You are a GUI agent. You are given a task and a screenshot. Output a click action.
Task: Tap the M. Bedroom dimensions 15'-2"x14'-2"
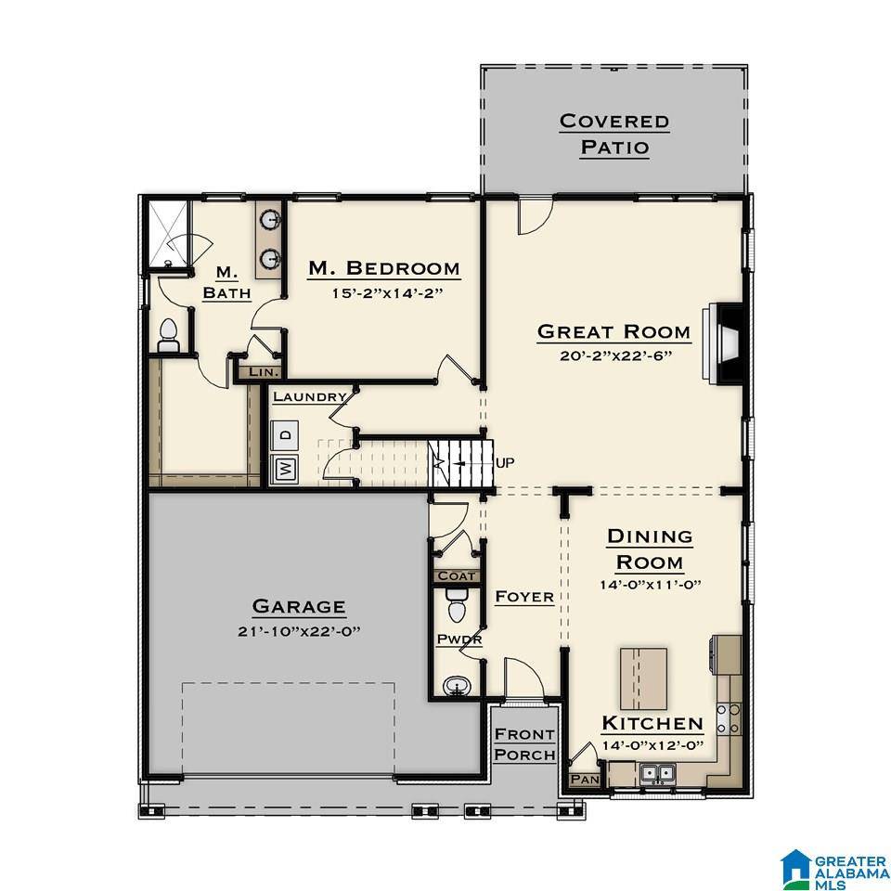[383, 294]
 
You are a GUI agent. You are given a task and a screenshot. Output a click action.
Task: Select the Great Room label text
[613, 331]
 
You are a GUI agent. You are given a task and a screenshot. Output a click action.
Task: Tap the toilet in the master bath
[168, 335]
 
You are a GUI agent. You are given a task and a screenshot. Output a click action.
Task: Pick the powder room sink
[457, 687]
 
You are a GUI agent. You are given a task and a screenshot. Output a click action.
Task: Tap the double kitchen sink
[662, 771]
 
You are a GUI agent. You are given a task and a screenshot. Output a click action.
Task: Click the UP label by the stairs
[506, 462]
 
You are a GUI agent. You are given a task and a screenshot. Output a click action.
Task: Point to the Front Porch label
[524, 744]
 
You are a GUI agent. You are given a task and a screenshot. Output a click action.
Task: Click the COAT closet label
[456, 576]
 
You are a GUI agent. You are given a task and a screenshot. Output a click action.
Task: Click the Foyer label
[523, 597]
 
